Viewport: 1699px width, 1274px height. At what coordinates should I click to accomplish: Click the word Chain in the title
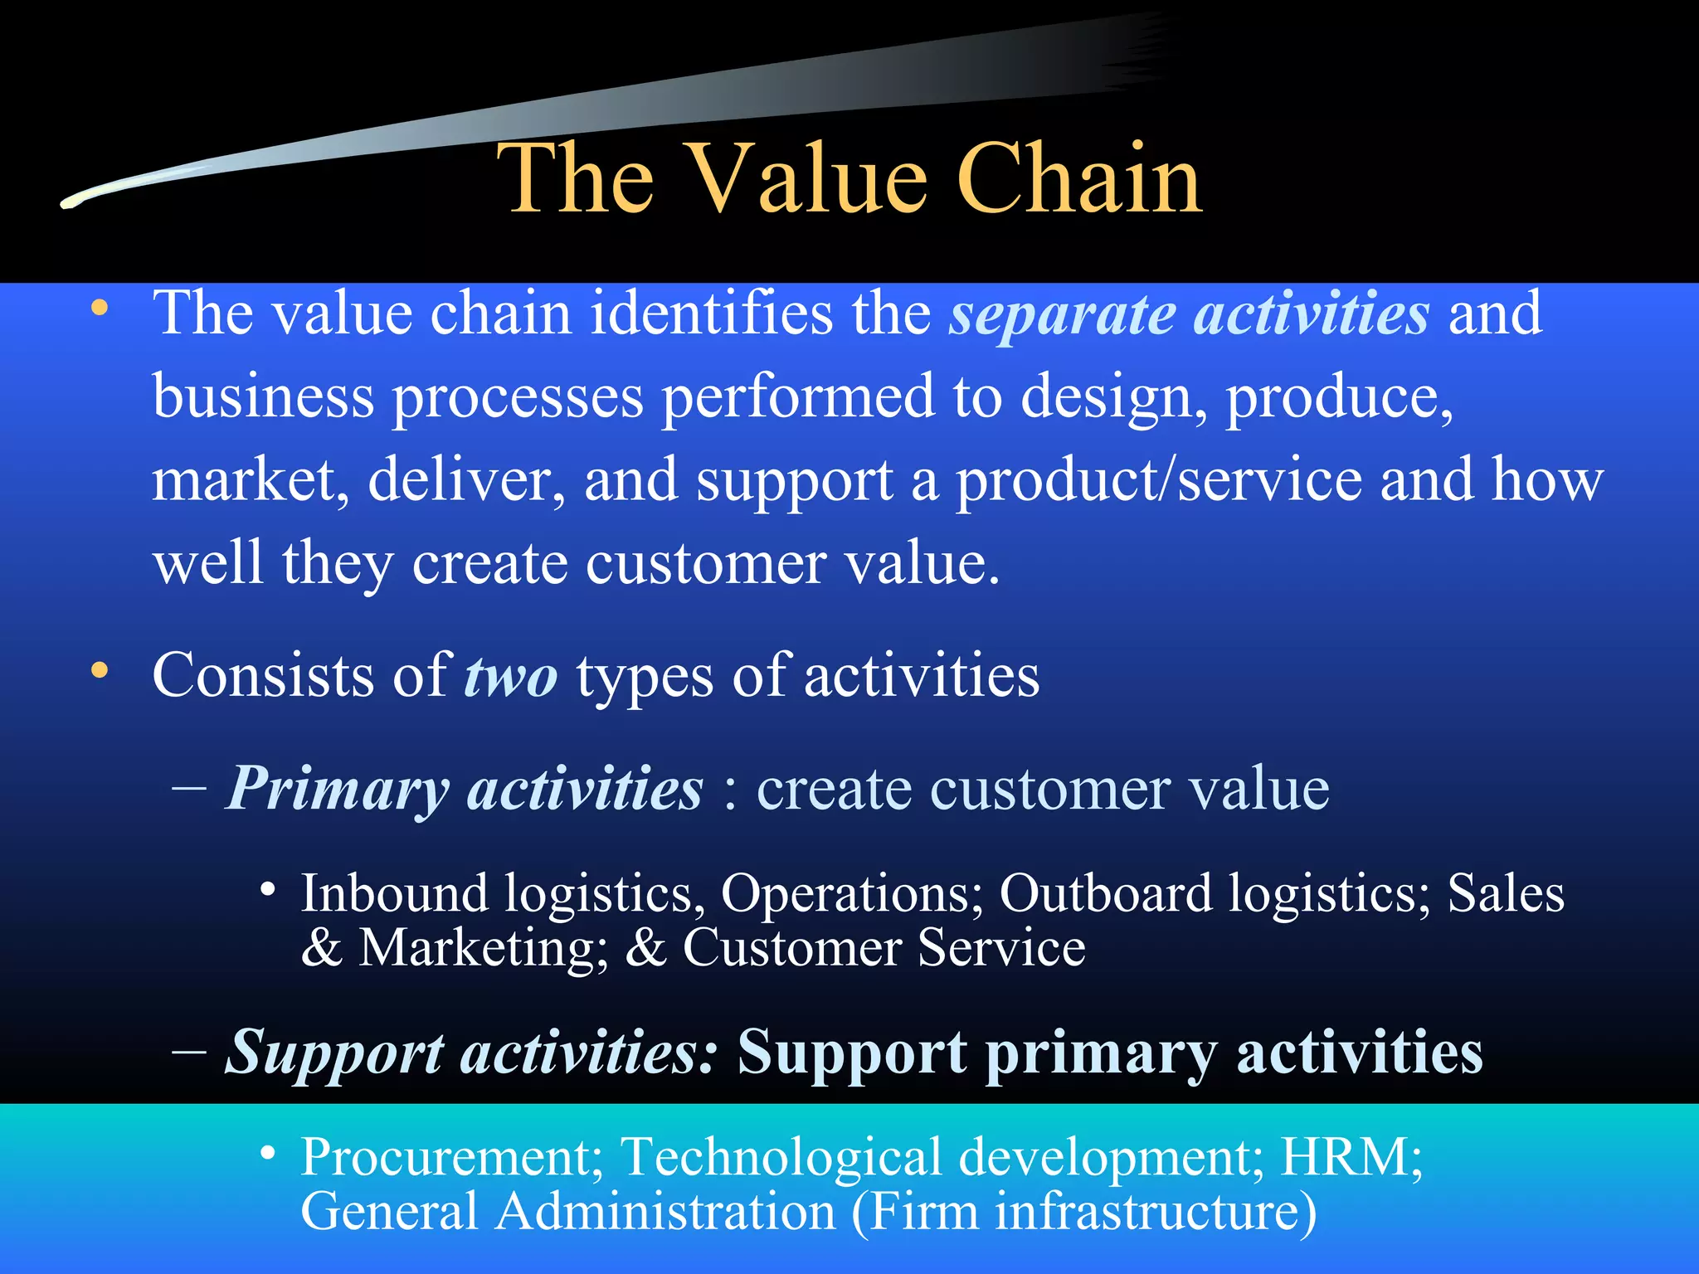point(1078,178)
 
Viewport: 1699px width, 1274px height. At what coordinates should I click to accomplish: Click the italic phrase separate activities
point(1190,314)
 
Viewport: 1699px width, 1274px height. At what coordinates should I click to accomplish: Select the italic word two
point(510,676)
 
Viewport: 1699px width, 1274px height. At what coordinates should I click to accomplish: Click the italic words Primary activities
point(465,788)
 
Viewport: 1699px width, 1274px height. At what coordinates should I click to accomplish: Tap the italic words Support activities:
point(471,1052)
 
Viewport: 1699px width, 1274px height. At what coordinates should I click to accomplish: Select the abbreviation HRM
point(1351,1156)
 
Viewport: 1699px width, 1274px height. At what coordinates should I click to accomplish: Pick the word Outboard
point(1106,894)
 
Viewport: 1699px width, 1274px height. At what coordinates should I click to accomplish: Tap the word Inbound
point(394,894)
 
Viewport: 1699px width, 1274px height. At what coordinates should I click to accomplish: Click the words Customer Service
point(884,948)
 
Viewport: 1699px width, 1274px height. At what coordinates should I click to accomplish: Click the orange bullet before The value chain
point(100,309)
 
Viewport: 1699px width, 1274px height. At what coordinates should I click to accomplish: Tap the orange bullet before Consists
point(100,671)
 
